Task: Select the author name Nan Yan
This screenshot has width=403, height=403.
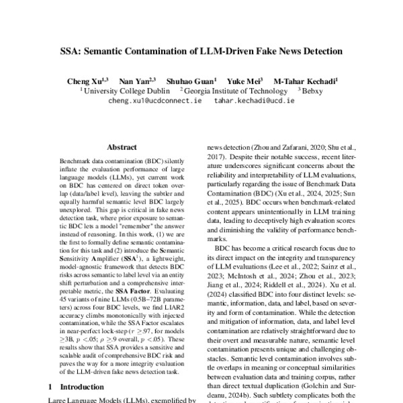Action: point(142,81)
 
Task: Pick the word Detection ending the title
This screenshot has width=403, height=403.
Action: point(326,50)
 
